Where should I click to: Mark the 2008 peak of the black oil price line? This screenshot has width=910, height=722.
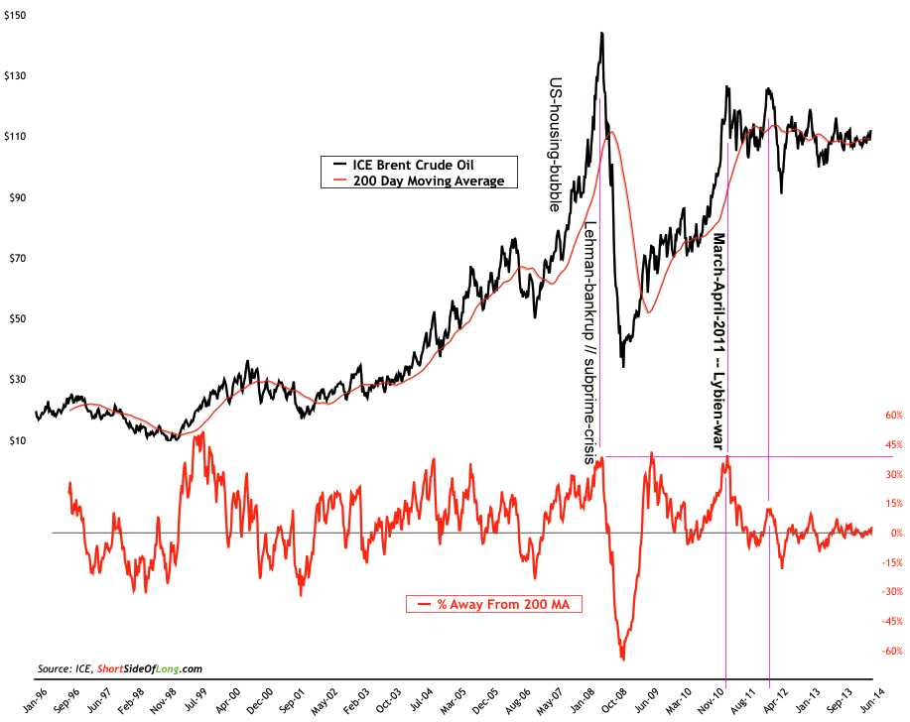[x=601, y=33]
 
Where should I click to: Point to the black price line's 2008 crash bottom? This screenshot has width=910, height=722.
[x=623, y=367]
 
